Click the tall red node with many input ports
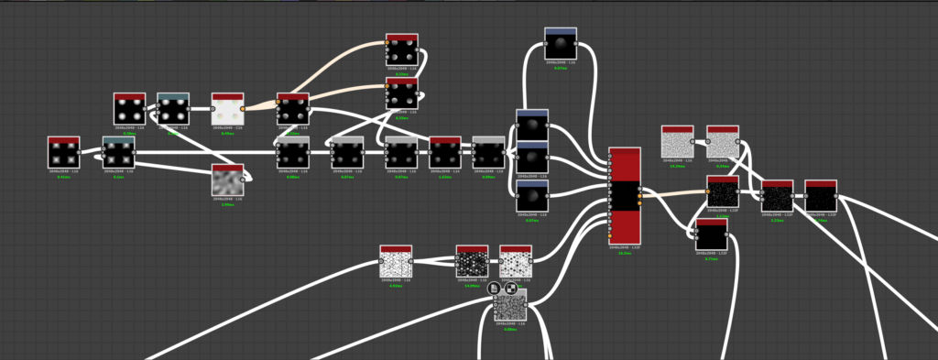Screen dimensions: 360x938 (x=624, y=197)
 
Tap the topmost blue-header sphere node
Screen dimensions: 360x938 (x=560, y=43)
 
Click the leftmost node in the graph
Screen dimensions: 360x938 (x=63, y=152)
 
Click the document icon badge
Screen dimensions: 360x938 (x=494, y=288)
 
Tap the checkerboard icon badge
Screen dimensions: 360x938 (x=510, y=288)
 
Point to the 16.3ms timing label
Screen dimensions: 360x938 (x=624, y=253)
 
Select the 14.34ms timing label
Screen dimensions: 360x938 (x=677, y=167)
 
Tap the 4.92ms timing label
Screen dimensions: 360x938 (x=396, y=286)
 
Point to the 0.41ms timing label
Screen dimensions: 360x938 (x=63, y=177)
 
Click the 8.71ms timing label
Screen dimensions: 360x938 (x=712, y=259)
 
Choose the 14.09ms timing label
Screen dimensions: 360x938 (x=472, y=286)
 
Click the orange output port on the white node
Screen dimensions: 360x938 (x=243, y=109)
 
